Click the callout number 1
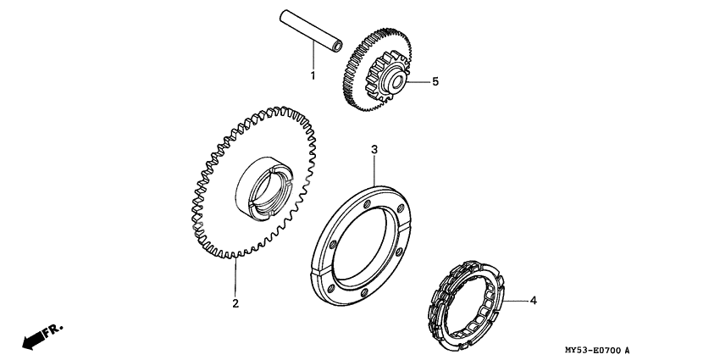pyautogui.click(x=313, y=75)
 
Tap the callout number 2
pyautogui.click(x=235, y=303)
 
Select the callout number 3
pyautogui.click(x=374, y=149)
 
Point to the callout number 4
pyautogui.click(x=533, y=301)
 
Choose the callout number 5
pyautogui.click(x=435, y=81)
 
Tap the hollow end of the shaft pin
pyautogui.click(x=337, y=45)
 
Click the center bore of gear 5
pyautogui.click(x=397, y=83)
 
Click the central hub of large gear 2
pyautogui.click(x=263, y=186)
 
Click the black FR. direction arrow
pyautogui.click(x=33, y=339)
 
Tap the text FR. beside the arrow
pyautogui.click(x=53, y=330)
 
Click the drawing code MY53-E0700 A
pyautogui.click(x=597, y=351)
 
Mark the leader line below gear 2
pyautogui.click(x=235, y=276)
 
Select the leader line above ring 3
pyautogui.click(x=374, y=171)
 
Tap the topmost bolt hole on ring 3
pyautogui.click(x=367, y=204)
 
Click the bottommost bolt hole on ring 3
pyautogui.click(x=363, y=292)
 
